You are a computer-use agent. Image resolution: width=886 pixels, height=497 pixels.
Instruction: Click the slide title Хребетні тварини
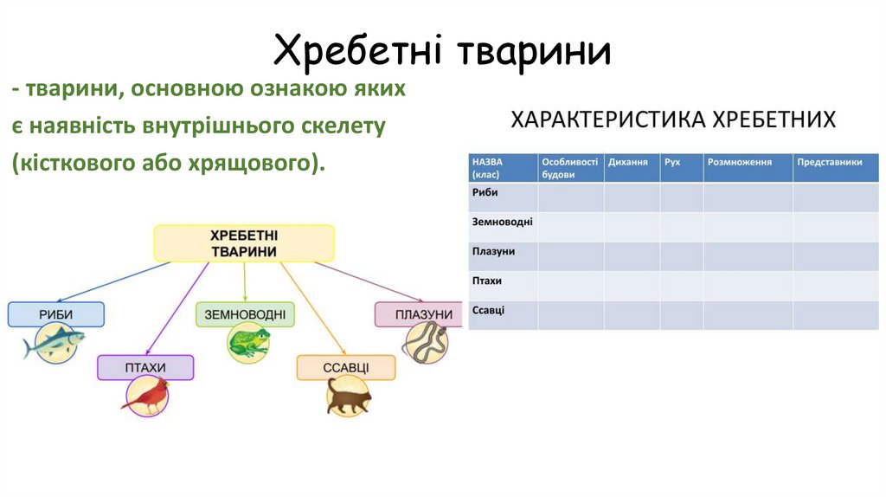[442, 51]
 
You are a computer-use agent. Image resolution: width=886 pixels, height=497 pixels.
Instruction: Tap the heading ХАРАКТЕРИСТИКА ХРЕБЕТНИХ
[673, 119]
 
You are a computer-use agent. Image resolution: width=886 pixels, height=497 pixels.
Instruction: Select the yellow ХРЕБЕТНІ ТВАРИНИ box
[243, 243]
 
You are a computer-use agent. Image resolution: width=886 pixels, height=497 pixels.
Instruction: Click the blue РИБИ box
[55, 314]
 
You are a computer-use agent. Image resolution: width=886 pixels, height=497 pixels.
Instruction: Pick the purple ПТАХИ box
[145, 367]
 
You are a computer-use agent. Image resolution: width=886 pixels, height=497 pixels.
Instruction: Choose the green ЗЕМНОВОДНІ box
[244, 314]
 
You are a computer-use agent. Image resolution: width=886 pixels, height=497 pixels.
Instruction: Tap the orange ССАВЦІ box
[346, 367]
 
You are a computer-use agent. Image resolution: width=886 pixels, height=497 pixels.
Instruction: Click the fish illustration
[54, 344]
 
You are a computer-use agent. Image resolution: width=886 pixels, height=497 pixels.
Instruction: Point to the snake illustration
[424, 343]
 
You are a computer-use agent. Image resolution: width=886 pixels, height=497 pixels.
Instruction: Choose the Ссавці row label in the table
[489, 310]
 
